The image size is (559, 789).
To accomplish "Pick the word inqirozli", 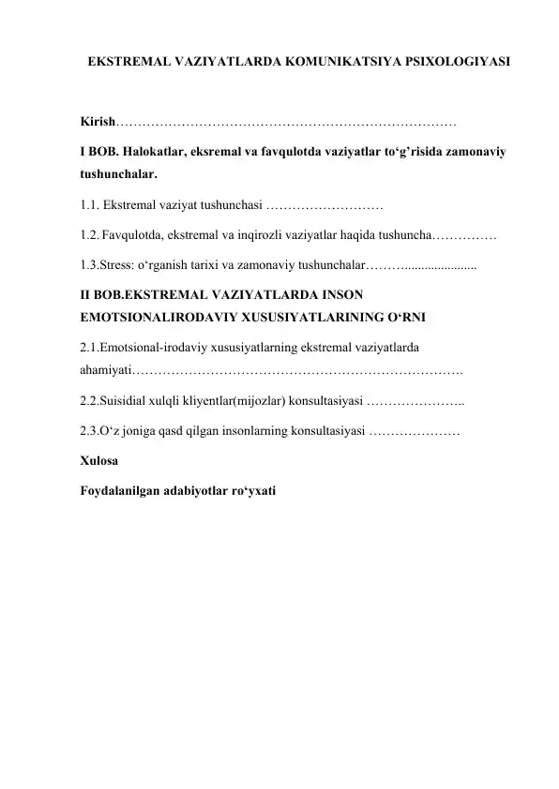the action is tap(269, 231).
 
